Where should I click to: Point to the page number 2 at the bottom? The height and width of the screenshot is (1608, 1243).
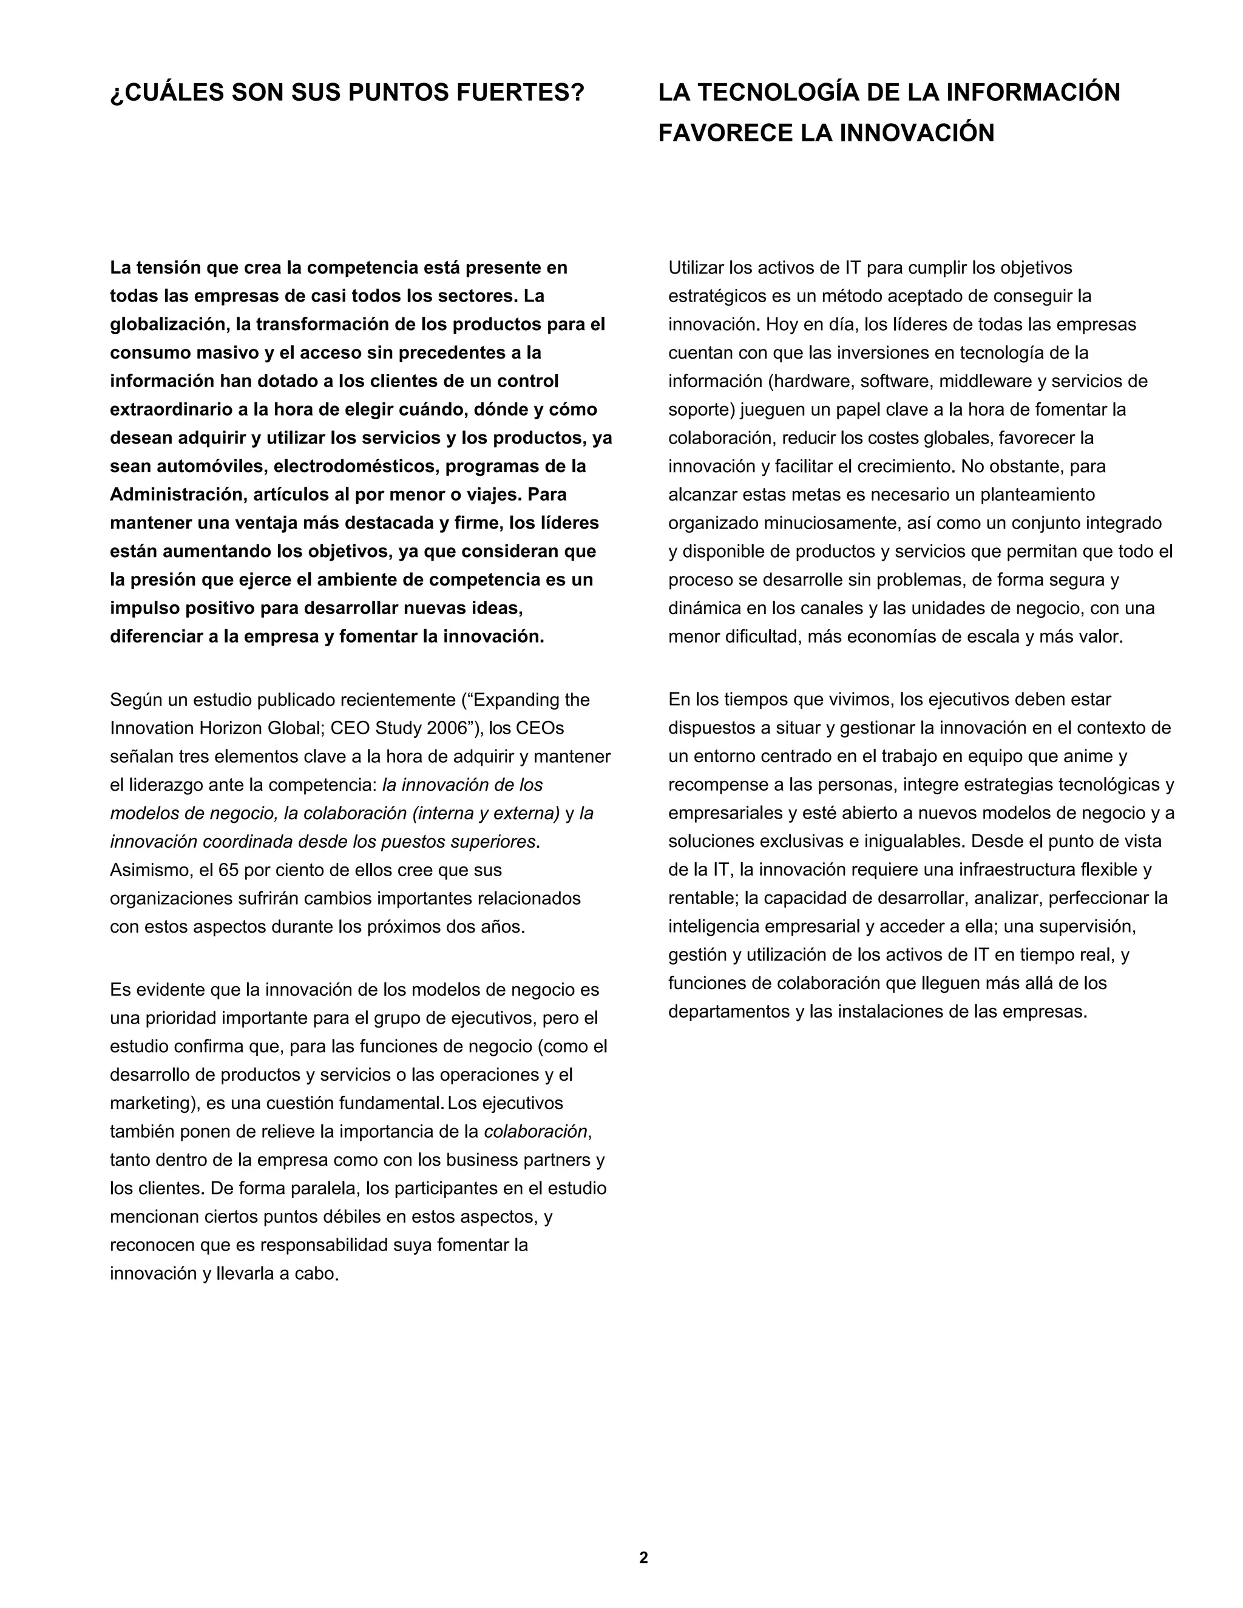pos(643,1557)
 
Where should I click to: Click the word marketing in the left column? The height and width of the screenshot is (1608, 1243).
pos(149,1104)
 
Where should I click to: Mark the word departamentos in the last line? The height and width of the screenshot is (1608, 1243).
pos(729,1012)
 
